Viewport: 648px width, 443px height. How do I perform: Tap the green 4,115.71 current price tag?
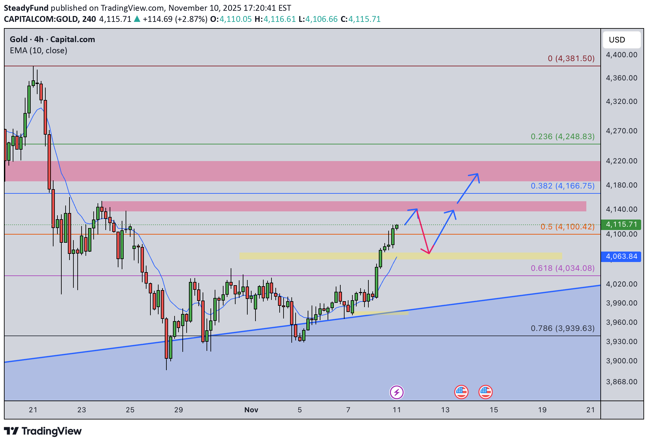pos(621,224)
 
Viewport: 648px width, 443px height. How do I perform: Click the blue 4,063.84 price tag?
pos(621,256)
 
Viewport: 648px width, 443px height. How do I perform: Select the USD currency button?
pos(617,40)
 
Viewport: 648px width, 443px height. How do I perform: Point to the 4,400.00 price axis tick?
pos(621,55)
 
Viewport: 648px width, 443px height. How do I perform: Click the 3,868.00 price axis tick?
pos(621,382)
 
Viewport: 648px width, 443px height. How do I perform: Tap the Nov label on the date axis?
pos(251,410)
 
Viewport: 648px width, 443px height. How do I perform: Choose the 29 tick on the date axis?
pos(178,410)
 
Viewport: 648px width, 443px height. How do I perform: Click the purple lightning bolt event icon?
pos(396,392)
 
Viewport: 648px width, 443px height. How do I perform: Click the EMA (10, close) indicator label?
pos(39,51)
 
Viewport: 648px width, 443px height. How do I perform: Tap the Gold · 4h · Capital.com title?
pos(52,40)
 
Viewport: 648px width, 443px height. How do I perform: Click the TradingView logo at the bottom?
pos(43,431)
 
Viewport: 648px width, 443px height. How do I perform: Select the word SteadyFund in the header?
pos(26,8)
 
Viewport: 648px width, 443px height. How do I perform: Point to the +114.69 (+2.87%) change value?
pos(175,19)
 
